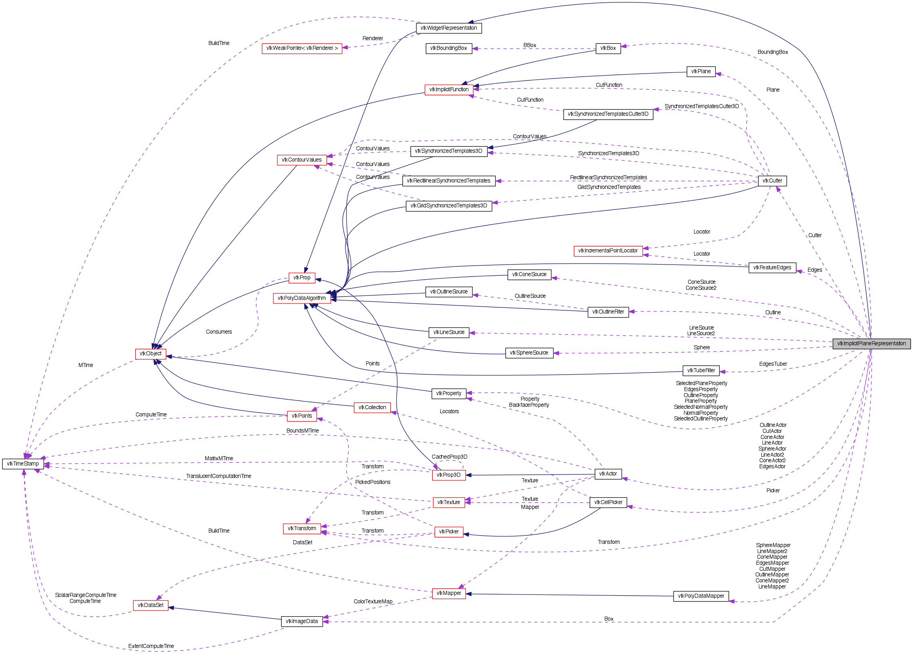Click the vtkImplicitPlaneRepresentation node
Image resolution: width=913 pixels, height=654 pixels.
click(x=871, y=344)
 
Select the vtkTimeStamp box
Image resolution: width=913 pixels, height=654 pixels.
click(x=23, y=464)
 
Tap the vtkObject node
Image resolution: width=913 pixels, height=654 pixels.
click(x=150, y=354)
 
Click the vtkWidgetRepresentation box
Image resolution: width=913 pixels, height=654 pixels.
click(x=448, y=28)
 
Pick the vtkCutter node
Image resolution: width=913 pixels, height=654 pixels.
click(x=772, y=181)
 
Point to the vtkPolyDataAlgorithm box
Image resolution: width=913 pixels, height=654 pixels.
click(x=301, y=298)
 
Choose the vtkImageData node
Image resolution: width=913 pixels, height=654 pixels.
click(x=301, y=621)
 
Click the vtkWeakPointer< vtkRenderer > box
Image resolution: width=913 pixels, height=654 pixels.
click(x=302, y=48)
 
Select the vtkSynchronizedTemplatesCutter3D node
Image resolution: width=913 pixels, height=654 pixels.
click(x=608, y=114)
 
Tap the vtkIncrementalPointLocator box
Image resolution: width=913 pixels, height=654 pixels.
click(x=608, y=250)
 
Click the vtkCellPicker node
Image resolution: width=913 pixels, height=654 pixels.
click(x=608, y=502)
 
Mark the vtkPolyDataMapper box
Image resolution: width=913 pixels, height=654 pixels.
click(x=701, y=596)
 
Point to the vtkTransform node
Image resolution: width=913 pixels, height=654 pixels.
click(x=302, y=529)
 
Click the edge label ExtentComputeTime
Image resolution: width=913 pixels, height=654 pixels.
click(x=151, y=646)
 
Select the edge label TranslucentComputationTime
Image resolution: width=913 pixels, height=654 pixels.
click(x=218, y=476)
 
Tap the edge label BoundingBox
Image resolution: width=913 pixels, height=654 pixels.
click(x=773, y=52)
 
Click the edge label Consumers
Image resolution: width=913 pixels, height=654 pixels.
click(x=218, y=332)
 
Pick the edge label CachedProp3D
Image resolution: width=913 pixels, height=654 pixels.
click(x=449, y=457)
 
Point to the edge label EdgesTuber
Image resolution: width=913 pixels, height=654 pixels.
click(x=773, y=364)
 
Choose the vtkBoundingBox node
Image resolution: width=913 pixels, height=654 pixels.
click(x=448, y=48)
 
